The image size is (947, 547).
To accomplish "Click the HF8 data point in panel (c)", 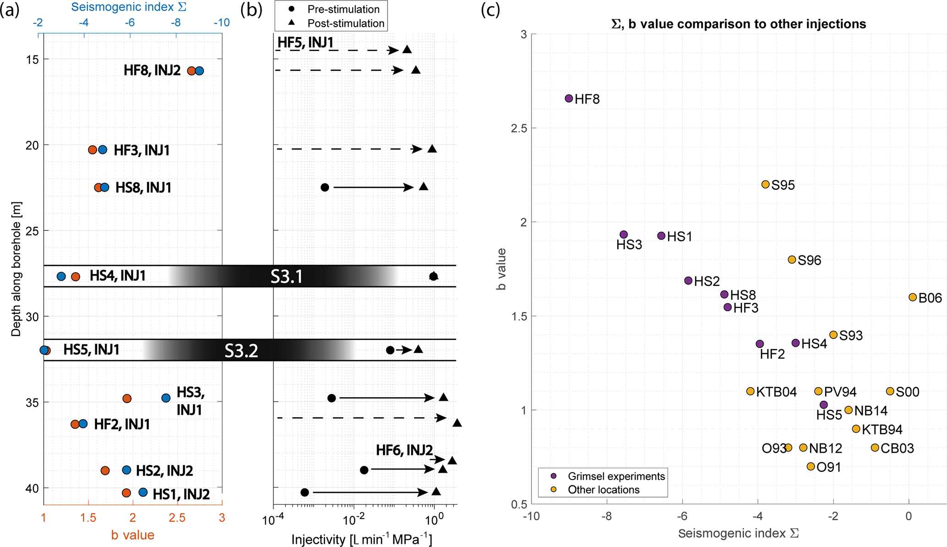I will coord(569,98).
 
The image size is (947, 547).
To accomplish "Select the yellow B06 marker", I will coord(912,297).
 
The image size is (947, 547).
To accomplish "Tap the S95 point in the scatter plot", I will coord(765,185).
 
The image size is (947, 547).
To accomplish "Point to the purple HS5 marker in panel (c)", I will coord(823,405).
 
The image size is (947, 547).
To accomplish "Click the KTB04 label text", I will coord(776,392).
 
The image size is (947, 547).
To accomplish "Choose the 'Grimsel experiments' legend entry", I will coord(616,476).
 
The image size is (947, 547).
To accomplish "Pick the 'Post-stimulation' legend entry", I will coord(345,23).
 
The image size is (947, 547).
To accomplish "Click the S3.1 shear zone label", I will coord(286,277).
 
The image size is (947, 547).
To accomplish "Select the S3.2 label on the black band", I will coord(241,351).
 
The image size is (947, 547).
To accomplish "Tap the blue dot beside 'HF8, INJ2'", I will coord(199,71).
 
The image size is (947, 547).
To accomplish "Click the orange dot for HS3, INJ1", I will coord(127,399).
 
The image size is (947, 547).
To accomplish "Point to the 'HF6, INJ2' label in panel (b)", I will coord(404,450).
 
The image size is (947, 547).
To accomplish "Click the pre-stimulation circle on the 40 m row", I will coord(305,492).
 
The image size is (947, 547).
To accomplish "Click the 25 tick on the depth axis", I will coord(32,231).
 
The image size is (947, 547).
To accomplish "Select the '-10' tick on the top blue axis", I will coord(221,23).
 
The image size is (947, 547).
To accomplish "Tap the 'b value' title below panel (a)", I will coord(132,535).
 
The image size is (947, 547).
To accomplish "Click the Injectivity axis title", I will coord(361,540).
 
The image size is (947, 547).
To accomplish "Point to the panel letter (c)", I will coord(490,10).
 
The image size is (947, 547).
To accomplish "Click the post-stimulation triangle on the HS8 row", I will coord(423,186).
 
